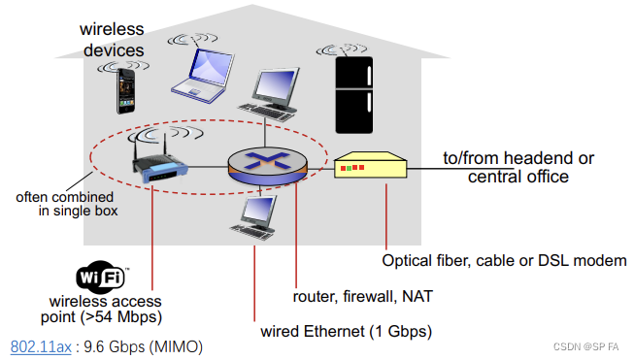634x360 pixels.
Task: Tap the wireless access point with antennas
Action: coord(154,166)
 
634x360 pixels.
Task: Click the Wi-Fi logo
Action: coord(102,278)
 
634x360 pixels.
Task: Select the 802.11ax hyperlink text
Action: coord(40,345)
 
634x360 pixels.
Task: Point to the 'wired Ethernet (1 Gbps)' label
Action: coord(346,331)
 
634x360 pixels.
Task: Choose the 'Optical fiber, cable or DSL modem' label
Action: coord(496,260)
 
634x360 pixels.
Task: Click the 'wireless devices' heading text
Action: coord(112,39)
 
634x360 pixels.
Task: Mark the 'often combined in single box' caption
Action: coord(67,204)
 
